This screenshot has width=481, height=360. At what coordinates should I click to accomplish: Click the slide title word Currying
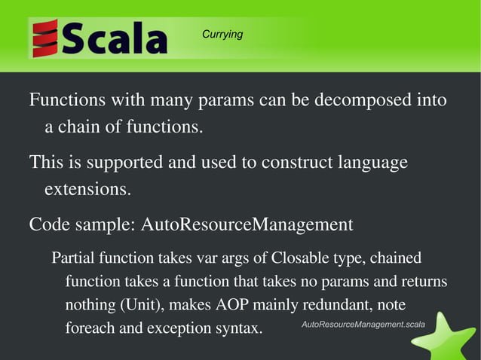(222, 35)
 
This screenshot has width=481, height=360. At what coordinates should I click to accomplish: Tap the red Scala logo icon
(45, 39)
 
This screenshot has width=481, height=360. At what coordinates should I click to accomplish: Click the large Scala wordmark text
(115, 39)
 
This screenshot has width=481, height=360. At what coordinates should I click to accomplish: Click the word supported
(124, 163)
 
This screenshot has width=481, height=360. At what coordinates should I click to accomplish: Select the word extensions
(87, 189)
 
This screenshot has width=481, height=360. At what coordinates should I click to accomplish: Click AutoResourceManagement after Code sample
(247, 224)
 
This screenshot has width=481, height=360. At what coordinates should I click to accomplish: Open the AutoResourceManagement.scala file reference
(363, 324)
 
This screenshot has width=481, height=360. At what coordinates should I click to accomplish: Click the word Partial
(75, 258)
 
